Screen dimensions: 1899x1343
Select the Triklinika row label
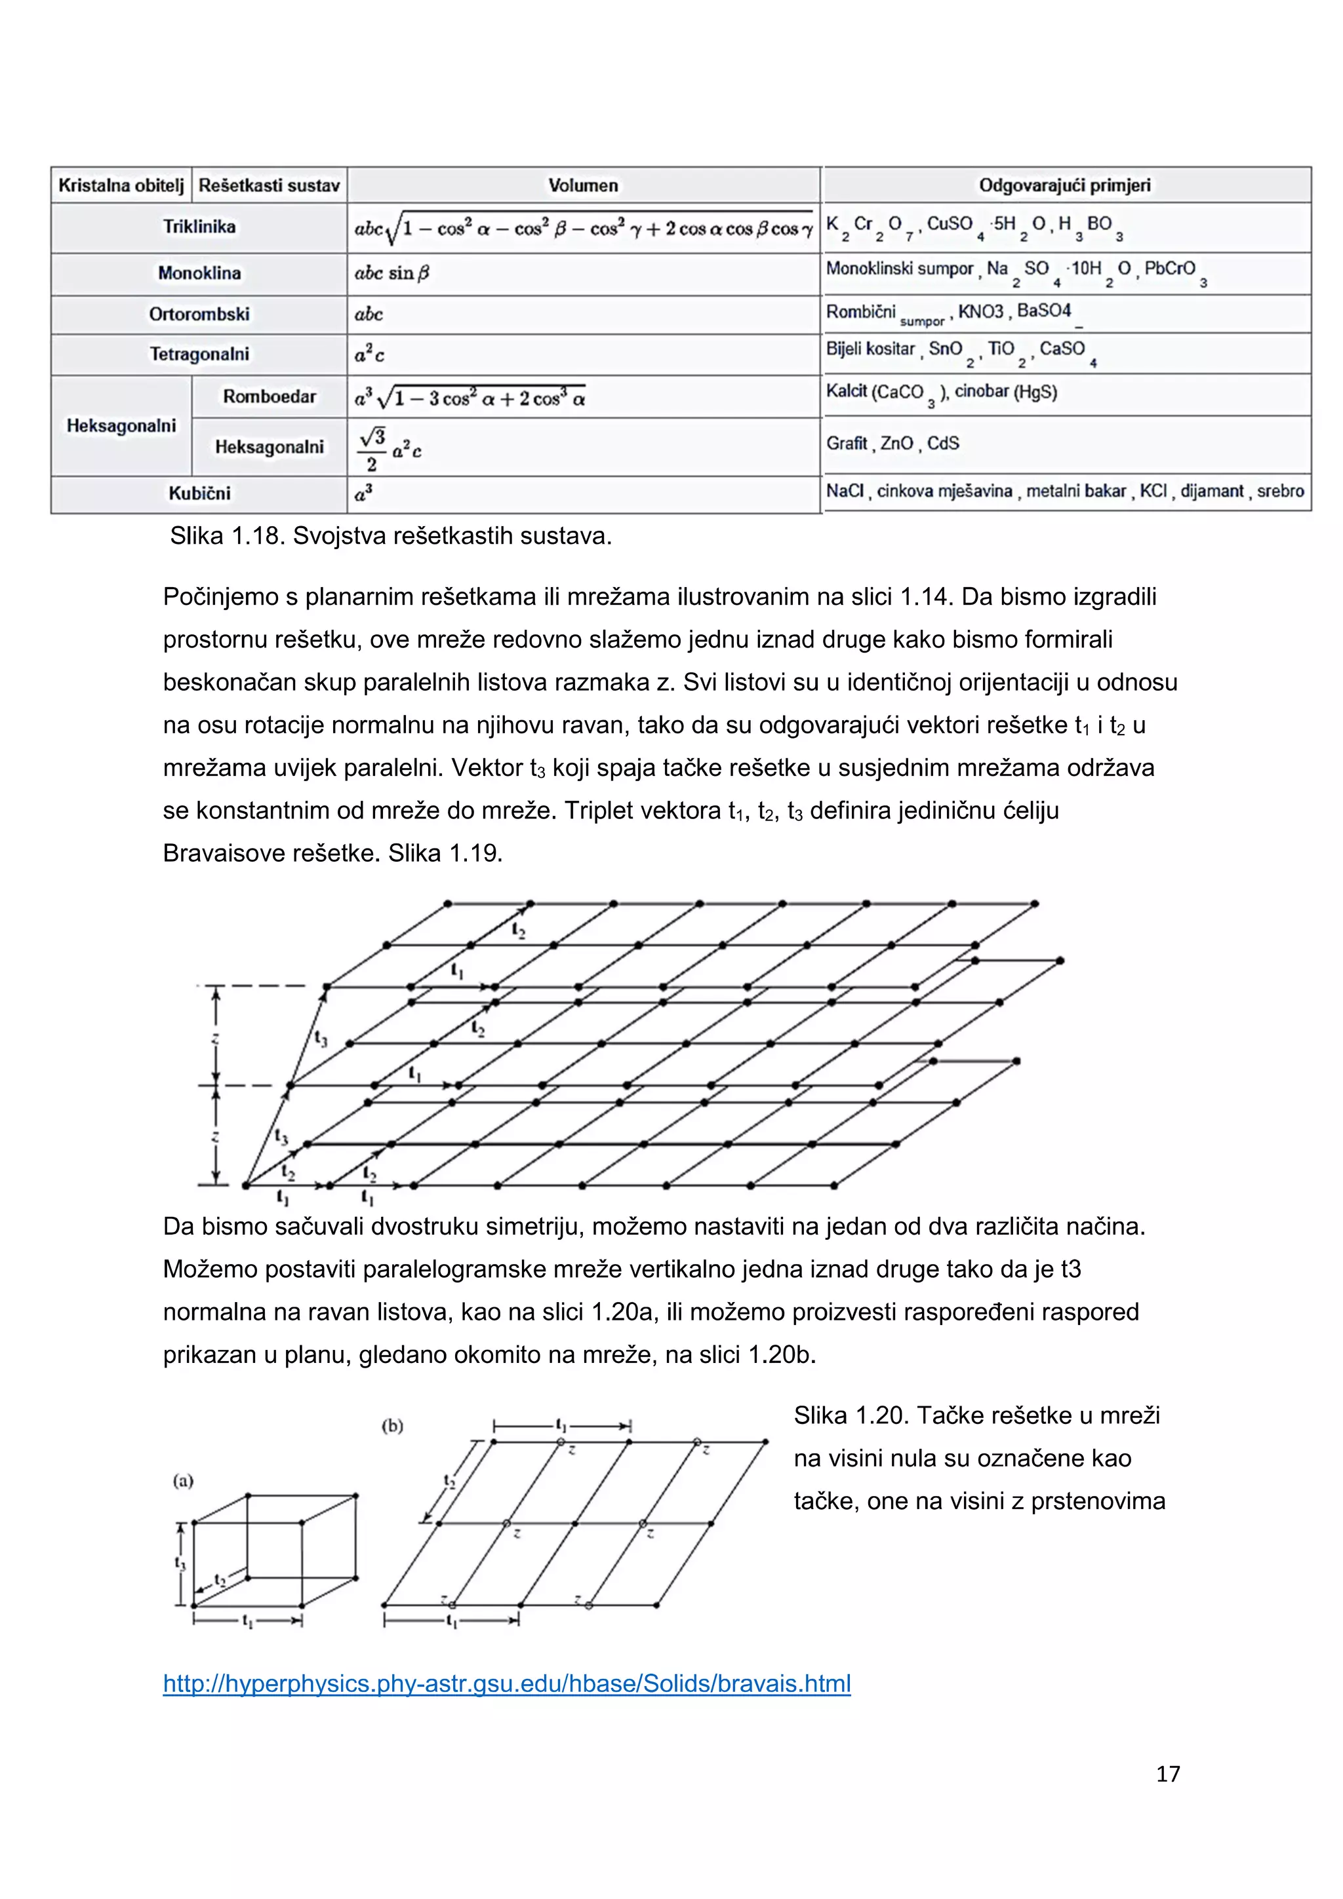(x=199, y=227)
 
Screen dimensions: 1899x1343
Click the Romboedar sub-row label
(x=269, y=397)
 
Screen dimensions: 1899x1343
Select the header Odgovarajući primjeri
(x=1064, y=185)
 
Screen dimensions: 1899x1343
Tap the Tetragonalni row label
(x=199, y=354)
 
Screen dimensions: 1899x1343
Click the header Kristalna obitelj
(x=121, y=185)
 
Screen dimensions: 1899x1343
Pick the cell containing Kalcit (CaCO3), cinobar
(x=941, y=392)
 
